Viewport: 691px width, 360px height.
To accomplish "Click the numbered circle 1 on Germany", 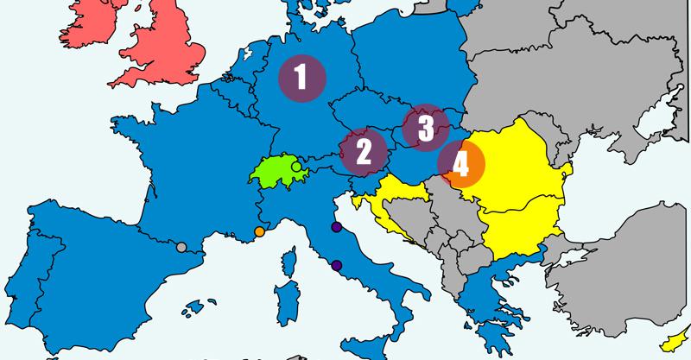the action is click(301, 79).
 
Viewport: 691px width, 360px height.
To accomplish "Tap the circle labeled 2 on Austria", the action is click(364, 151).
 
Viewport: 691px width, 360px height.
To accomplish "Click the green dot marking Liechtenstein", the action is click(296, 166).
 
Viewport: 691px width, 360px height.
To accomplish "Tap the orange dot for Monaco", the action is click(260, 231).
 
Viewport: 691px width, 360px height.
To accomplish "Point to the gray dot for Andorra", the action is click(181, 248).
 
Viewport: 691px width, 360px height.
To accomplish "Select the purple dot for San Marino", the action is click(336, 228).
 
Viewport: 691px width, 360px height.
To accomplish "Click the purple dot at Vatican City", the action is click(336, 265).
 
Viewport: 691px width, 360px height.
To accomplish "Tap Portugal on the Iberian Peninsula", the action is click(26, 276).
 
